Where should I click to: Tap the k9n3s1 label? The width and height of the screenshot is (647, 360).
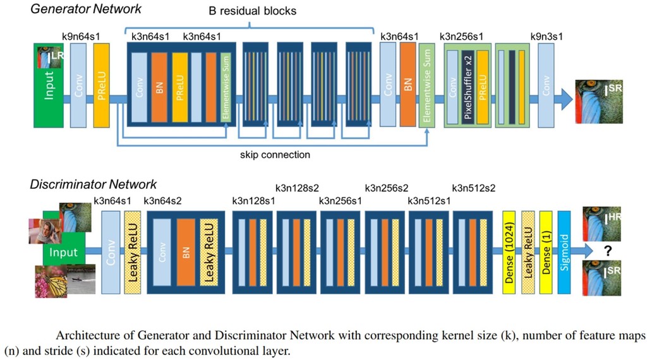[547, 37]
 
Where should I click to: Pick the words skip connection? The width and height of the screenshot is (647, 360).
[275, 154]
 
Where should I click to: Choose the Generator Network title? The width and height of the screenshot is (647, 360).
[86, 9]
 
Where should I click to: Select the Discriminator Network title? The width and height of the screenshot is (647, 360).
[94, 184]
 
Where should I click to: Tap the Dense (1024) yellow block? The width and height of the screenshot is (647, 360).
[509, 253]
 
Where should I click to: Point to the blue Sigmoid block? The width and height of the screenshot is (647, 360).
[565, 253]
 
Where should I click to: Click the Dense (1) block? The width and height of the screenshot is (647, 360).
[546, 253]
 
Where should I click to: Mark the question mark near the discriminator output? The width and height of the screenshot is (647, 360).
[608, 251]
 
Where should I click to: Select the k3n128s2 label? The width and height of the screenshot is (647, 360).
[298, 188]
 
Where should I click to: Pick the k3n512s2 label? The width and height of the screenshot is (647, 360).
[475, 188]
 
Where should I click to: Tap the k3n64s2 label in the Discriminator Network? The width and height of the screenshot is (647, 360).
[163, 201]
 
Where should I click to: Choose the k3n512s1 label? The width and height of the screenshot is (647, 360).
[430, 201]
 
